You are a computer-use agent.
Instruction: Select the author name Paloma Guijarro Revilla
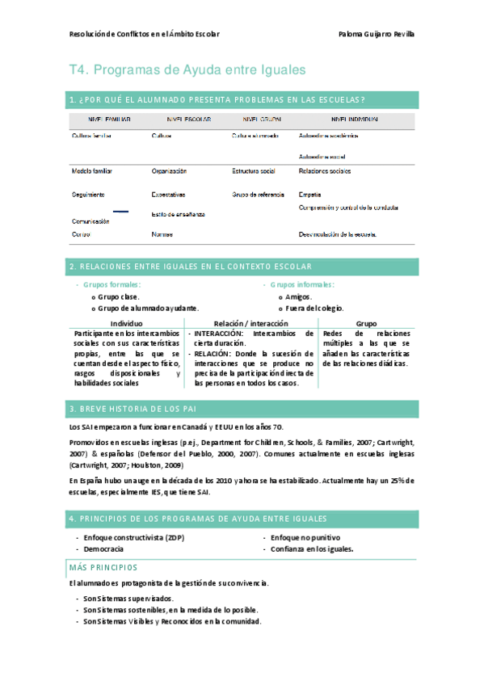coord(377,34)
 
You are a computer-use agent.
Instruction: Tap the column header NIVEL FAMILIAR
coord(111,120)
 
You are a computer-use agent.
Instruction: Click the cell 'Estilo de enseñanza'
coord(178,214)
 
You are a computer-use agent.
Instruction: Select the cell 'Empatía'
coord(309,195)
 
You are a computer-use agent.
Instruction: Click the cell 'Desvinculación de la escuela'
coord(338,234)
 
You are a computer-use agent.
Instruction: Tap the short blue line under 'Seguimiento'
coord(120,211)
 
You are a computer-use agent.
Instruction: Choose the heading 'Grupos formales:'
coord(112,284)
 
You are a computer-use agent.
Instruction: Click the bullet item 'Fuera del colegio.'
coord(314,308)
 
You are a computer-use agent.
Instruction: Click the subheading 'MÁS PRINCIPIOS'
coord(103,568)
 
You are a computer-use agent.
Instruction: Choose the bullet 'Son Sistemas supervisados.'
coord(128,598)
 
